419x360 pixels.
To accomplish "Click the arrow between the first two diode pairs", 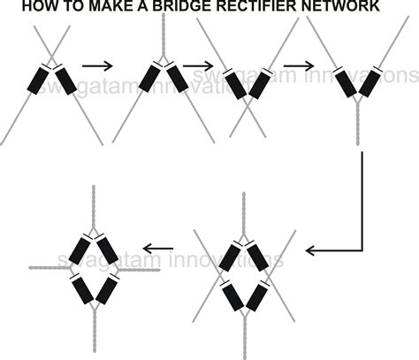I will pyautogui.click(x=97, y=65).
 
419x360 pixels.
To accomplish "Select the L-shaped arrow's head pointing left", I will pyautogui.click(x=312, y=250).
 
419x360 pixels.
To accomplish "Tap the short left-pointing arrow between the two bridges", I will pyautogui.click(x=157, y=249).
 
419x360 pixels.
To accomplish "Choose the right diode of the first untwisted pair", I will pyautogui.click(x=65, y=79).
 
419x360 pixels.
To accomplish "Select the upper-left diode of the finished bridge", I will pyautogui.click(x=80, y=249).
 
